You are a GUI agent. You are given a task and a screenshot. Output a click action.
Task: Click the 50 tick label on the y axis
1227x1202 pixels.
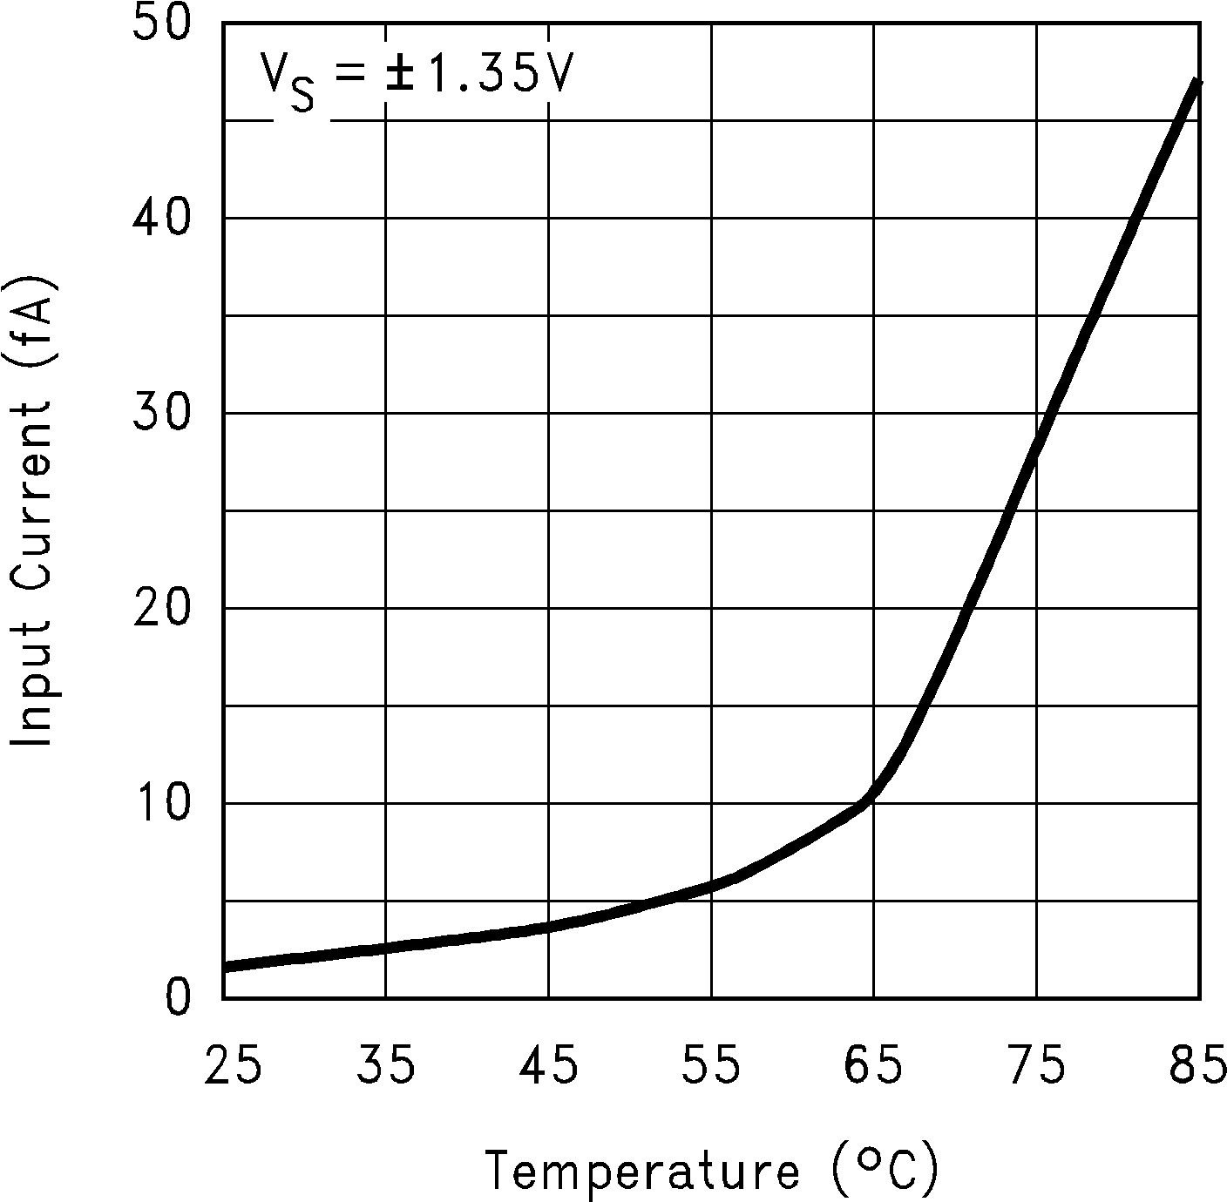(x=162, y=24)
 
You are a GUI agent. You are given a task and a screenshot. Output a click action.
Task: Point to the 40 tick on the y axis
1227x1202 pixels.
(x=162, y=218)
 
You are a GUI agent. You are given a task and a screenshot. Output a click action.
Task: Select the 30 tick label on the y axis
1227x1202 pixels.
(x=162, y=413)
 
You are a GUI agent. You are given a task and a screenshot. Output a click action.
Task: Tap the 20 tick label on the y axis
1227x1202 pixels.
(x=162, y=608)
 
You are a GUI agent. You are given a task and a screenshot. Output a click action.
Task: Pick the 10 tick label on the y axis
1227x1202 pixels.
(x=162, y=803)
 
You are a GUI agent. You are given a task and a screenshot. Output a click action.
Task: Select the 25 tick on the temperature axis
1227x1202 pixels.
(x=234, y=1067)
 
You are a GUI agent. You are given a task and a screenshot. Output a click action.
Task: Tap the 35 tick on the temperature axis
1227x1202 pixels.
(x=385, y=1067)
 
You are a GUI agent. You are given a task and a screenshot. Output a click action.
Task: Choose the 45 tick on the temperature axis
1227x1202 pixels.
(x=548, y=1067)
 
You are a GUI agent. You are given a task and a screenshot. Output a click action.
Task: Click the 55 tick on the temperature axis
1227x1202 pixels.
(x=711, y=1067)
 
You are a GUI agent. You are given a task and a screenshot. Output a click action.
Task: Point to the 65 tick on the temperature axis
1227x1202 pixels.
(x=874, y=1067)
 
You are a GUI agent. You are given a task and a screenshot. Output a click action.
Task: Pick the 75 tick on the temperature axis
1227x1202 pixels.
(x=1037, y=1067)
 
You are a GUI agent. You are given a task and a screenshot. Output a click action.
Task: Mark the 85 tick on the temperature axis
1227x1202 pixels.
(x=1198, y=1067)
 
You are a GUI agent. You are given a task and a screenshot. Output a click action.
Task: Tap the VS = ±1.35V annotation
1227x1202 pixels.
(x=417, y=77)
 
